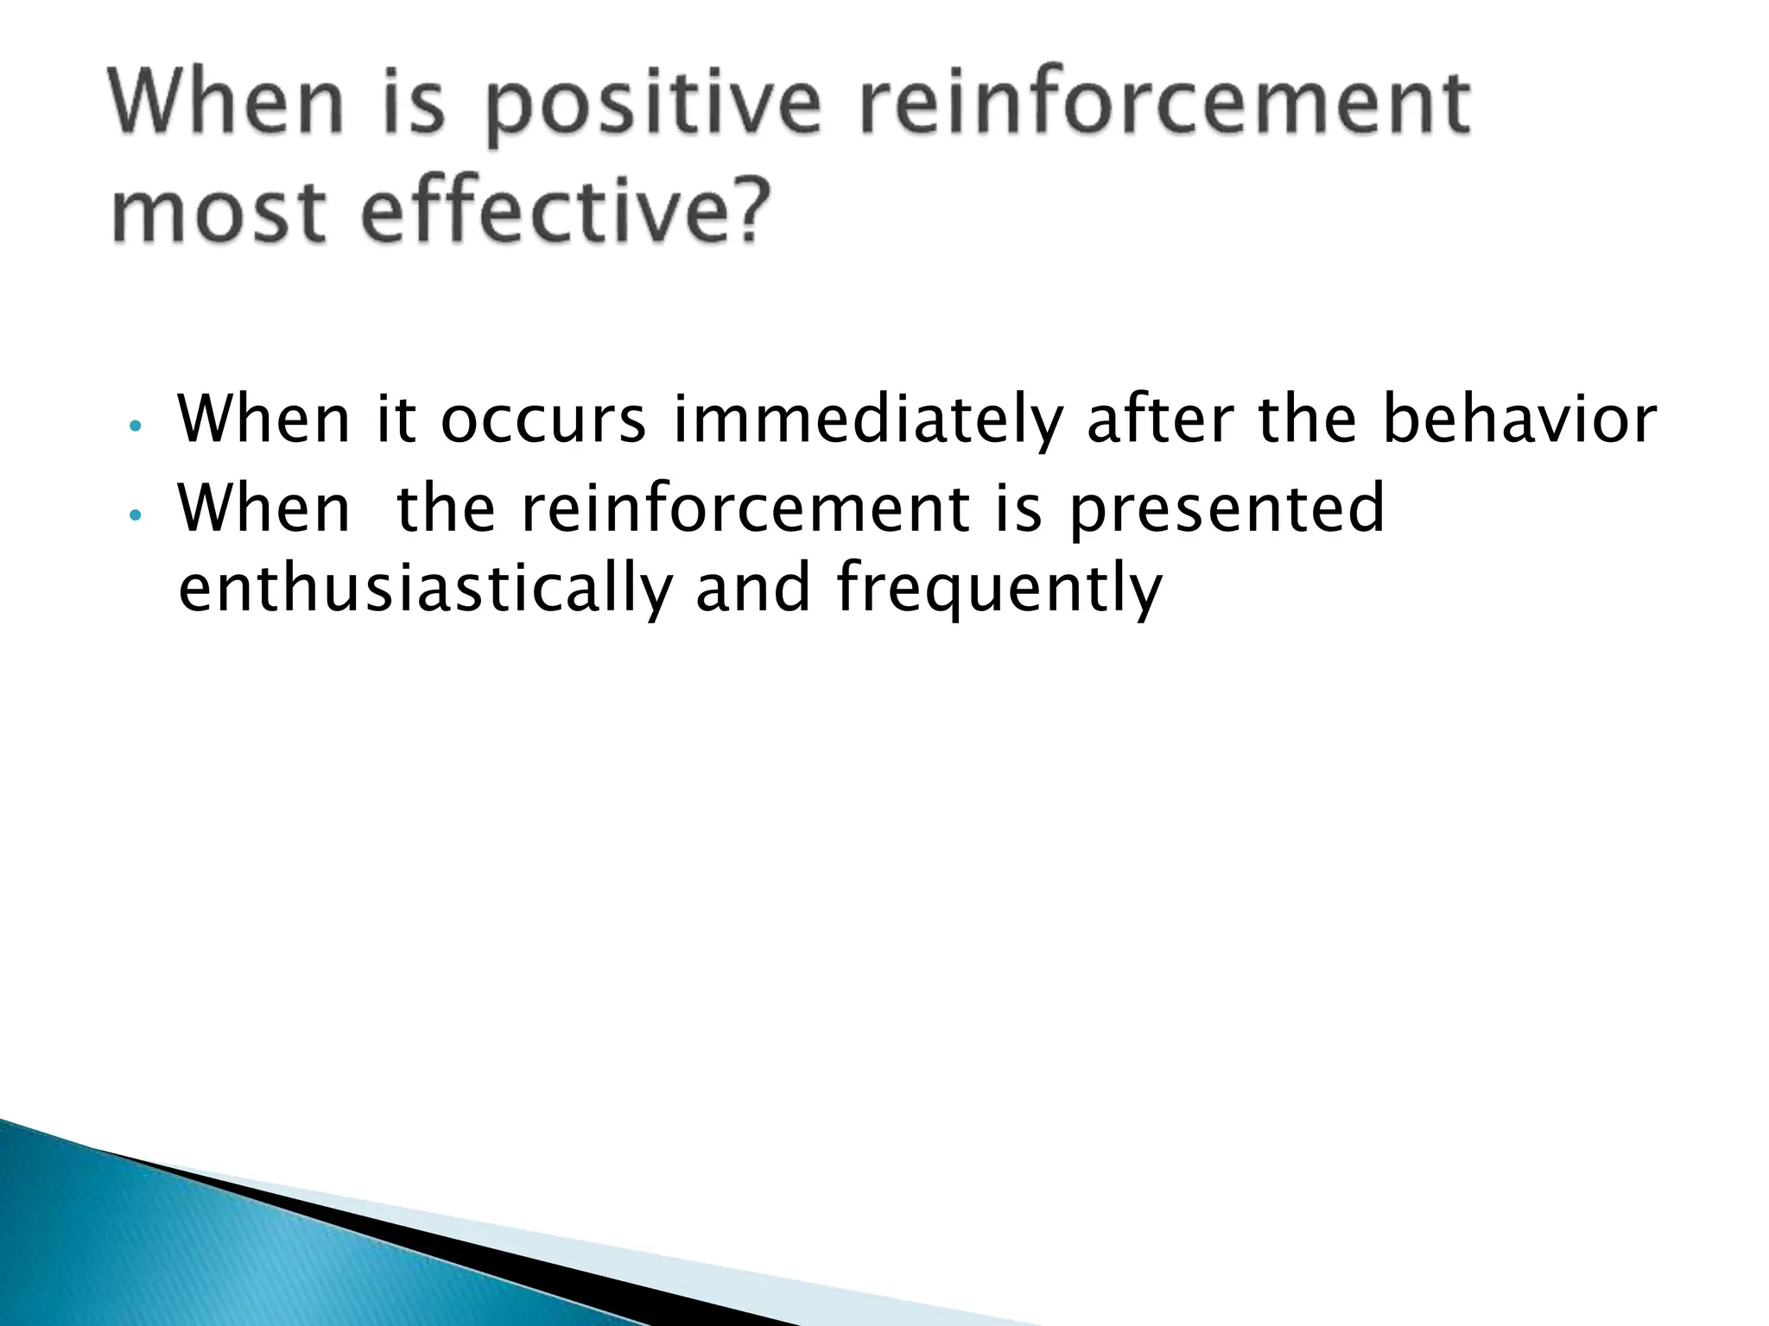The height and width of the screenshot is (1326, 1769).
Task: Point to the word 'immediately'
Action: tap(866, 420)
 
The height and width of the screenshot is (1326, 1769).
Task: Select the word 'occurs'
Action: tap(542, 420)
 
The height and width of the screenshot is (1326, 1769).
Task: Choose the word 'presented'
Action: tap(1226, 509)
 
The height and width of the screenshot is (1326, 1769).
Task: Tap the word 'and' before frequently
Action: tap(753, 588)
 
